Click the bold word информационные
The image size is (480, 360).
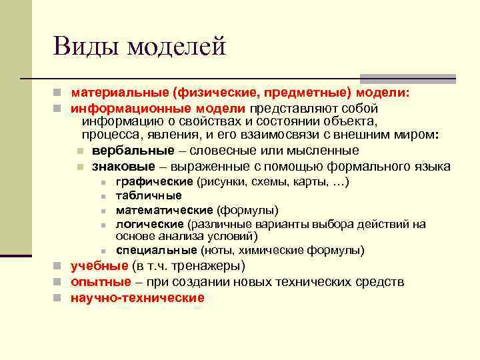click(123, 107)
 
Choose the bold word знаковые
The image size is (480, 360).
click(121, 166)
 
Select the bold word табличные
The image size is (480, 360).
click(149, 196)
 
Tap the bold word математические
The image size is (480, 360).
click(164, 210)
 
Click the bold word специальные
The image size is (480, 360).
click(156, 251)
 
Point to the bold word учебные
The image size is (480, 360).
click(99, 267)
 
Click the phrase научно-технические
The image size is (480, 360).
click(137, 298)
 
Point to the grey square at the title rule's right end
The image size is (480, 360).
click(447, 79)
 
